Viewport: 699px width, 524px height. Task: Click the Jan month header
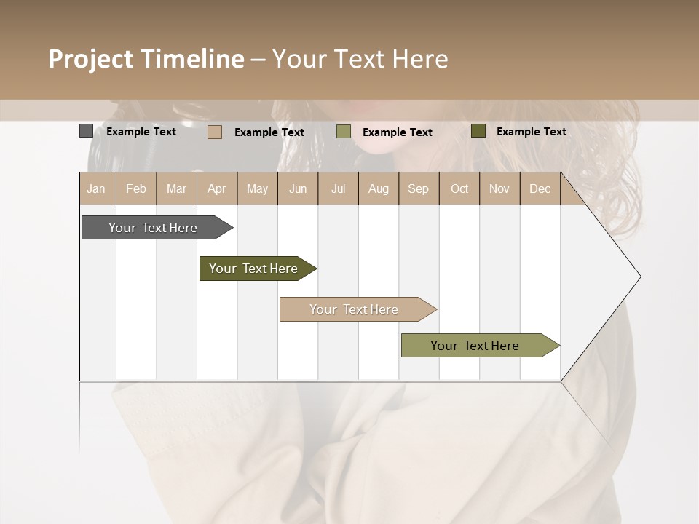click(x=97, y=189)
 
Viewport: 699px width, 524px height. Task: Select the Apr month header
click(x=217, y=189)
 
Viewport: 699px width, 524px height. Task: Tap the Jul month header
click(x=338, y=189)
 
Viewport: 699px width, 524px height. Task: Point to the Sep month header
click(x=418, y=189)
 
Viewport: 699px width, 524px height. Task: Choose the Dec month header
click(x=540, y=189)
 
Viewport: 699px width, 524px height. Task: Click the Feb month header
click(x=136, y=189)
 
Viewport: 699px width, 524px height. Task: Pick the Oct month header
click(x=459, y=189)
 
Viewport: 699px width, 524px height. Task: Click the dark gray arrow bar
click(x=153, y=228)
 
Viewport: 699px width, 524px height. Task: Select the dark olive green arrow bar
click(x=253, y=269)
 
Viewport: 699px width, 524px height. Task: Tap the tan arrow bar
click(x=354, y=309)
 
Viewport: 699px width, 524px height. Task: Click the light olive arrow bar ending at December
click(x=475, y=346)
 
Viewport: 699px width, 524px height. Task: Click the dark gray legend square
click(x=86, y=131)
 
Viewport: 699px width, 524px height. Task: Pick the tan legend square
click(x=214, y=132)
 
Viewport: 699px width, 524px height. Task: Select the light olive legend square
click(x=344, y=132)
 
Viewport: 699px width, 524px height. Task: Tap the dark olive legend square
click(x=478, y=131)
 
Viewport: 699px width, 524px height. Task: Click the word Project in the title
click(x=90, y=59)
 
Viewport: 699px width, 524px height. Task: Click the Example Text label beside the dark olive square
click(x=531, y=132)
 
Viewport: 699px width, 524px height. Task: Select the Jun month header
click(x=298, y=189)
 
